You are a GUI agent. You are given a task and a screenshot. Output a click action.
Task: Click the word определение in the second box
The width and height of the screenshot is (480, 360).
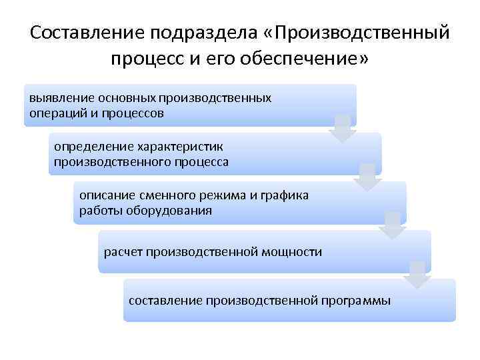click(93, 146)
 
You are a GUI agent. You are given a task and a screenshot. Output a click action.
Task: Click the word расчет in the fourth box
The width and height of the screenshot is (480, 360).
click(123, 252)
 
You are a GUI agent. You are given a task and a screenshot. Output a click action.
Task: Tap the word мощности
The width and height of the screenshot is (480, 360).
click(291, 252)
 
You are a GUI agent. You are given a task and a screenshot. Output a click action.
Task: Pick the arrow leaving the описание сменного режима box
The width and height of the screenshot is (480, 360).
click(392, 226)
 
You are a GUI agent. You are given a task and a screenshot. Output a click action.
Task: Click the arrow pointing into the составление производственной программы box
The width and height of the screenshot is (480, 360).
click(417, 275)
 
